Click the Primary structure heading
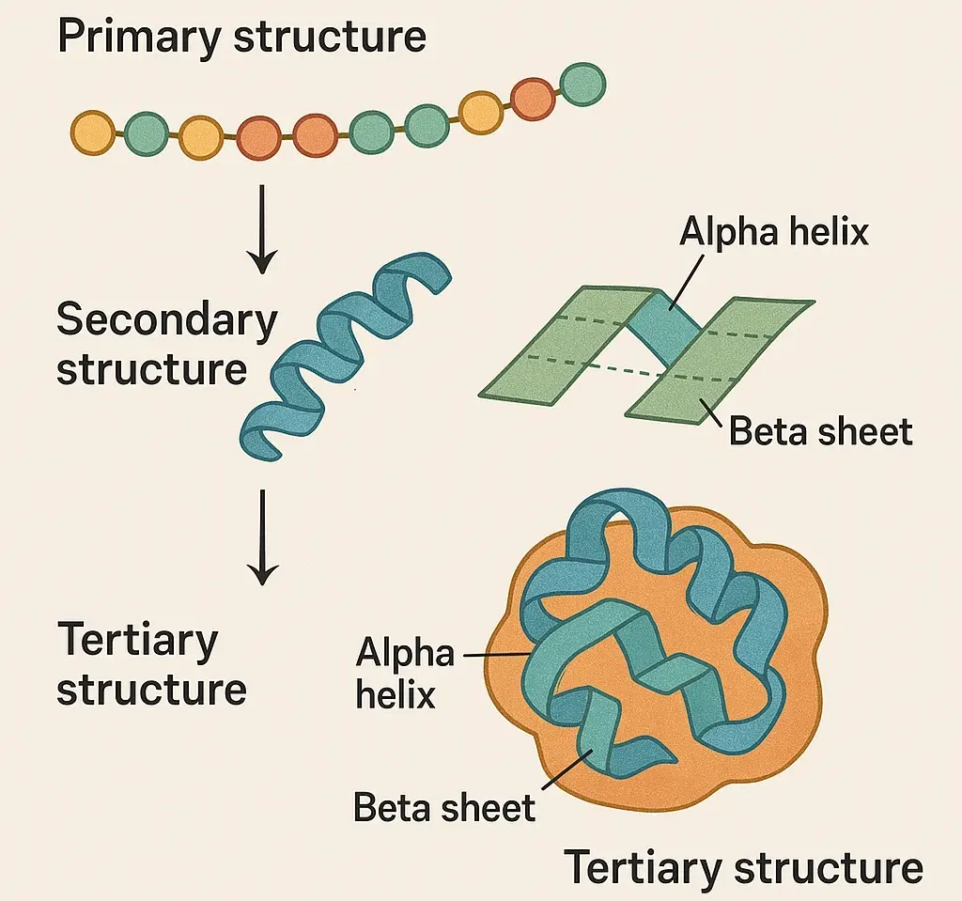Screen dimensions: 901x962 tap(241, 37)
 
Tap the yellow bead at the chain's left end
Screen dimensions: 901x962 tap(91, 132)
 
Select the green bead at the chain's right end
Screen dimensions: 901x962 tap(582, 84)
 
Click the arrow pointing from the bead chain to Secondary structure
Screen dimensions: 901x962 tap(264, 225)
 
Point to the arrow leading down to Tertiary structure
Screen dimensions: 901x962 tap(264, 536)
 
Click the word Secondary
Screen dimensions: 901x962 tap(166, 320)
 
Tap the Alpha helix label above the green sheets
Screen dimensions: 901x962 tap(773, 231)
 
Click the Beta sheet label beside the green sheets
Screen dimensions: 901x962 tap(820, 431)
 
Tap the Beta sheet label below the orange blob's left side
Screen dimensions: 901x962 tap(443, 806)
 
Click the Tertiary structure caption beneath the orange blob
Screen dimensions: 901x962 tap(742, 867)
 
